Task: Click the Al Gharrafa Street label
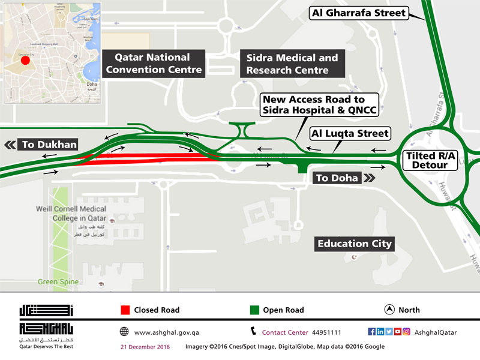(359, 13)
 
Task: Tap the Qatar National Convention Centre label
(153, 64)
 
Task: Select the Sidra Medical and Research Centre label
(292, 64)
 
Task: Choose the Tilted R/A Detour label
(431, 159)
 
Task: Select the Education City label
(355, 244)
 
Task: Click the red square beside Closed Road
(125, 310)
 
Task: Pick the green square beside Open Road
(254, 310)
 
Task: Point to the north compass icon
(389, 310)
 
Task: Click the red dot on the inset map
(25, 60)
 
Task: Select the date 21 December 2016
(145, 347)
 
